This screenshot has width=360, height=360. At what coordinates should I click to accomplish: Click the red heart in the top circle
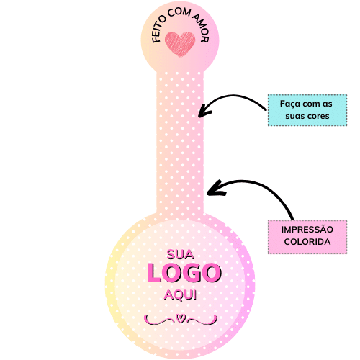(x=180, y=45)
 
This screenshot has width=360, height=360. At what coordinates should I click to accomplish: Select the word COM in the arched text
(x=179, y=12)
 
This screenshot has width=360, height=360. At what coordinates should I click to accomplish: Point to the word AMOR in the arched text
(x=201, y=27)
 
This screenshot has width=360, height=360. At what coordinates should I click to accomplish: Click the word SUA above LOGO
(x=180, y=255)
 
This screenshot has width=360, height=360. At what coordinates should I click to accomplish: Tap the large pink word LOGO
(x=184, y=273)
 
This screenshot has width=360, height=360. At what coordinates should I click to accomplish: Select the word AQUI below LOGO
(x=180, y=294)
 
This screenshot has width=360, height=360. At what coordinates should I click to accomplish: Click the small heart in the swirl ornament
(x=181, y=318)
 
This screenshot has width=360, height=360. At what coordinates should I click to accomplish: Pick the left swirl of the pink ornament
(x=159, y=320)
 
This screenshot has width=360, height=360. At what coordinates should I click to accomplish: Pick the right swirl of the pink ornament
(x=202, y=320)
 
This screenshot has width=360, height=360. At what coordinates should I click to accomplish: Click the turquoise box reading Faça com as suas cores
(x=307, y=110)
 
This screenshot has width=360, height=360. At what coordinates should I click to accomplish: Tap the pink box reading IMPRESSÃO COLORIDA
(x=307, y=237)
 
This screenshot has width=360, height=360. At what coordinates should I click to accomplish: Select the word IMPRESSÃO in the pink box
(x=307, y=229)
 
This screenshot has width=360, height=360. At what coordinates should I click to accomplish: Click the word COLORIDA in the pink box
(x=307, y=242)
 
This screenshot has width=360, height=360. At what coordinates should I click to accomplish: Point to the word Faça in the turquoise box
(x=290, y=104)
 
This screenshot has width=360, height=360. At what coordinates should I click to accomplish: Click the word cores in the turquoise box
(x=318, y=116)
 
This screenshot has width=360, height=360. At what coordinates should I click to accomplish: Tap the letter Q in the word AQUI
(x=177, y=295)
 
